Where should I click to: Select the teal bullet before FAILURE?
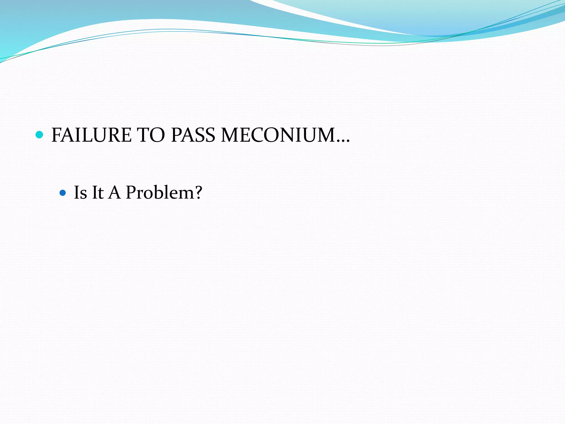[x=39, y=135]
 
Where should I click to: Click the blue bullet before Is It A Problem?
[x=63, y=192]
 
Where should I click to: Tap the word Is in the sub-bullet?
[x=80, y=192]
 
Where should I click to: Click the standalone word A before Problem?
[x=114, y=192]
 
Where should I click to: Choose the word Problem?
[x=160, y=192]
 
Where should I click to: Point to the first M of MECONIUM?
[x=231, y=135]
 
